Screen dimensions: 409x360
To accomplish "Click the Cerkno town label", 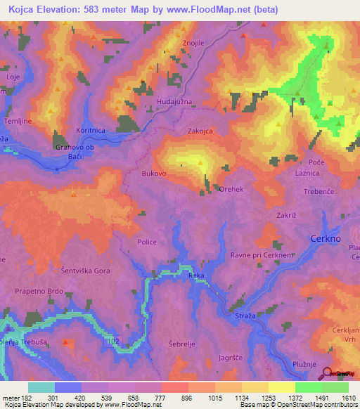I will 326,239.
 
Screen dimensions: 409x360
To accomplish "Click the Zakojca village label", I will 200,131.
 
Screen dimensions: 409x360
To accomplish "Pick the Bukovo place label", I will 153,172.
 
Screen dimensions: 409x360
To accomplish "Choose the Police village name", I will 147,241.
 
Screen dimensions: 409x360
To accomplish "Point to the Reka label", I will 196,276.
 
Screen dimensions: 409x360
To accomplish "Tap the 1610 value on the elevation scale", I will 349,397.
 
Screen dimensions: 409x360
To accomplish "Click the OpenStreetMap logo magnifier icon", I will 327,373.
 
